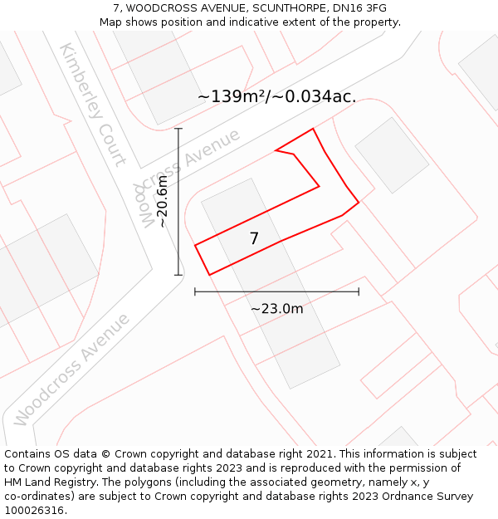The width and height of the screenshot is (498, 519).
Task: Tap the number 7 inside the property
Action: (254, 239)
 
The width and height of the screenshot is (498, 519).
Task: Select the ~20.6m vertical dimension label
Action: (162, 201)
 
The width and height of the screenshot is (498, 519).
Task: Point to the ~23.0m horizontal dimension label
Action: (276, 309)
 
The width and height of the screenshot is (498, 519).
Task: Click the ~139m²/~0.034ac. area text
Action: (276, 96)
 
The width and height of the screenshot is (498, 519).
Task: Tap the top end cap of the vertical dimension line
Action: (178, 129)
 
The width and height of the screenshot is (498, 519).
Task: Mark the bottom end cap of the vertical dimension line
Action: (178, 275)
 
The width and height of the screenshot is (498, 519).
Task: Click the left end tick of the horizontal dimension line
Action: (195, 291)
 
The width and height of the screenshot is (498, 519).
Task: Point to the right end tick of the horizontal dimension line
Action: (359, 291)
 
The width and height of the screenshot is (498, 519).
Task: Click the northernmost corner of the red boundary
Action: (313, 129)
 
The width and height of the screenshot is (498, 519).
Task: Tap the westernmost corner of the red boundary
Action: (195, 245)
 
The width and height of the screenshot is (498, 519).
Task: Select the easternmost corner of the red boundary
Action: (359, 202)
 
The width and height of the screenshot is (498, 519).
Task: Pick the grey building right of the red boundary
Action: (392, 155)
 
